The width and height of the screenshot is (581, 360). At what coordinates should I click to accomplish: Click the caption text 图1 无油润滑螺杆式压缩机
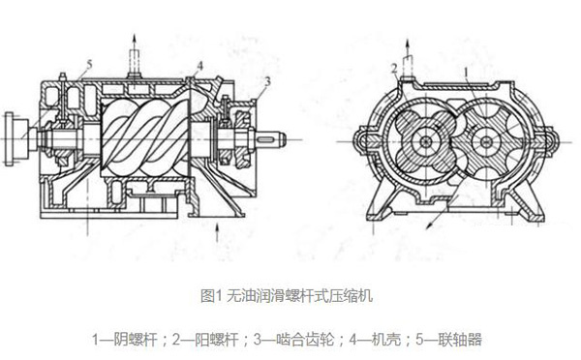[289, 293]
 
